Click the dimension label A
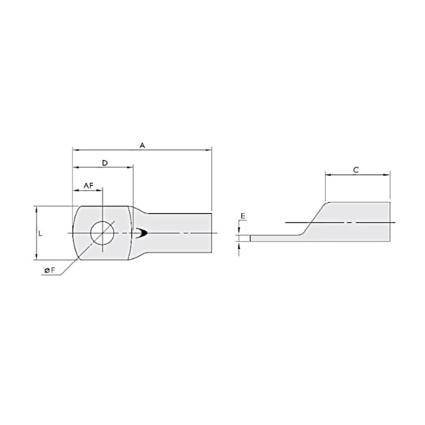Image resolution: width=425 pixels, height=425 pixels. point(142,145)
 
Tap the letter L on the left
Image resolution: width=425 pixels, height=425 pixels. point(41,233)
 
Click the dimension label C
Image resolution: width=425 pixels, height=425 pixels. point(356,170)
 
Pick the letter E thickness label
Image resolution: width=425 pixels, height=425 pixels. point(243,215)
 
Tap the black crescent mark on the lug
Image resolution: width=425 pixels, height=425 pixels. point(142,233)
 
